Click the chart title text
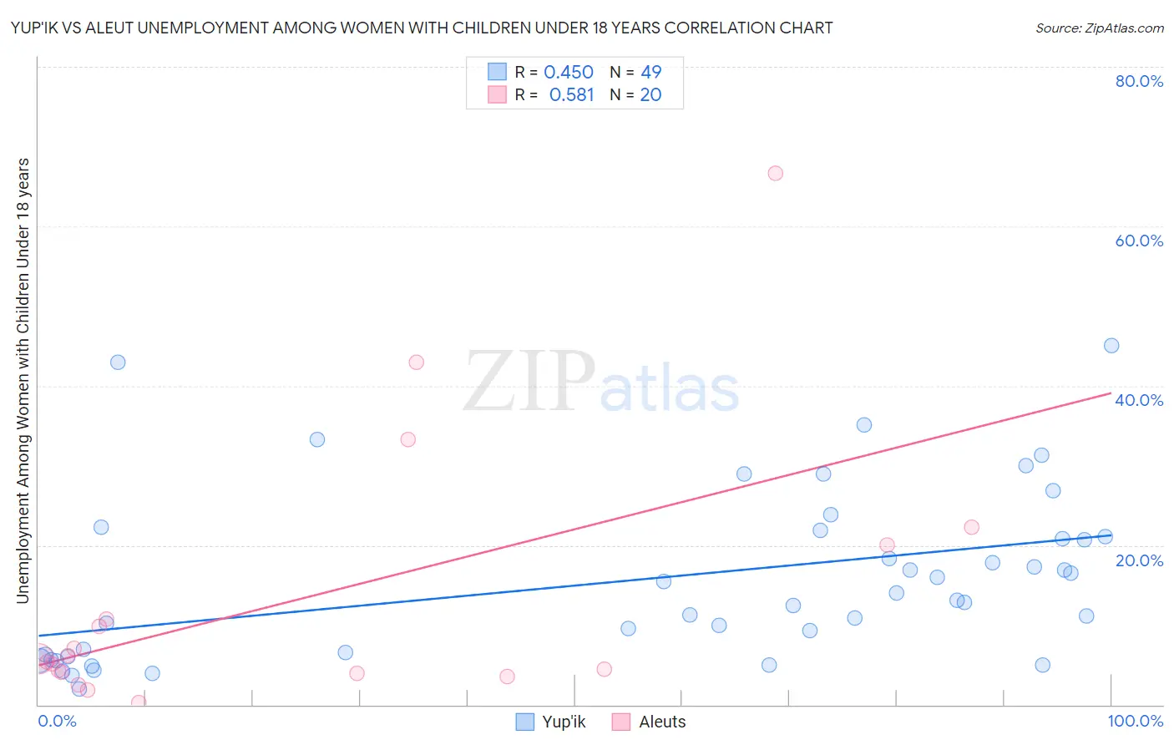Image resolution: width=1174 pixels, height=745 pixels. click(x=421, y=28)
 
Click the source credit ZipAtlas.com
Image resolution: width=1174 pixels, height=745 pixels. click(x=1099, y=28)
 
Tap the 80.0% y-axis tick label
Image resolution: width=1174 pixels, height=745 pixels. click(x=1139, y=81)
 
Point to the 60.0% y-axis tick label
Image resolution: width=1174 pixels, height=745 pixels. click(x=1139, y=241)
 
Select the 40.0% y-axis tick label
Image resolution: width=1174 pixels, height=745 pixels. click(x=1139, y=400)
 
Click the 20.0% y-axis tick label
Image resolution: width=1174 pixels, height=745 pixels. click(x=1139, y=560)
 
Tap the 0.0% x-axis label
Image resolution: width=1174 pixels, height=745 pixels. click(x=57, y=721)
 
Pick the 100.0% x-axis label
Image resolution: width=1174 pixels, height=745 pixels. click(x=1135, y=721)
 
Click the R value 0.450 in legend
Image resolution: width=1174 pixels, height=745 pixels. click(x=569, y=73)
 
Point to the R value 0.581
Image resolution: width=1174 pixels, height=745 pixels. click(x=571, y=95)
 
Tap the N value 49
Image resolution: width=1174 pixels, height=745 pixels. click(x=650, y=73)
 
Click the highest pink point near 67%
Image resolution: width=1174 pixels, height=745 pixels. click(x=775, y=174)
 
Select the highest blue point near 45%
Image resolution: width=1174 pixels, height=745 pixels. click(x=1111, y=346)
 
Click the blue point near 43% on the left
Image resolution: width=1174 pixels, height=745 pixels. click(x=118, y=362)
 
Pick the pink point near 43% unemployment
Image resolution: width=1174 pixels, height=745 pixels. click(x=416, y=362)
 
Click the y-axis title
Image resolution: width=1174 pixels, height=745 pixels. click(x=23, y=380)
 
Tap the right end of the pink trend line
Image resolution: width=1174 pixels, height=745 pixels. click(x=1111, y=393)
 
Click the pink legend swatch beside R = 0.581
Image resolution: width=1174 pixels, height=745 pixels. click(x=498, y=95)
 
